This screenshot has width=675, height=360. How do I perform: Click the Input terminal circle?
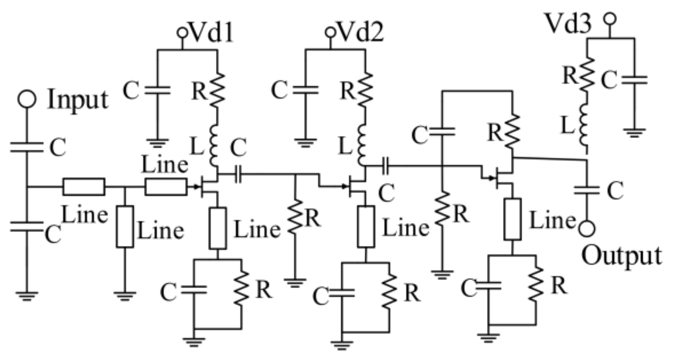(27, 99)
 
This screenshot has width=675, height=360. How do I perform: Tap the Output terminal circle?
(587, 229)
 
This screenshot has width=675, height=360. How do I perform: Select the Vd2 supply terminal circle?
(330, 32)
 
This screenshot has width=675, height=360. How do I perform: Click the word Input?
(78, 100)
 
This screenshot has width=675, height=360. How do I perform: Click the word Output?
(621, 256)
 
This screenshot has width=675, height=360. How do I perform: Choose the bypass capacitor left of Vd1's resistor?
(158, 90)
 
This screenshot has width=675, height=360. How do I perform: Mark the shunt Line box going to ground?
(124, 227)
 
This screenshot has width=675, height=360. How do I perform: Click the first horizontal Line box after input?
(84, 187)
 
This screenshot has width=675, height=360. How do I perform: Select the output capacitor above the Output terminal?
(587, 190)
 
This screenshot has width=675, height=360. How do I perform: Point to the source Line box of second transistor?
(366, 227)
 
